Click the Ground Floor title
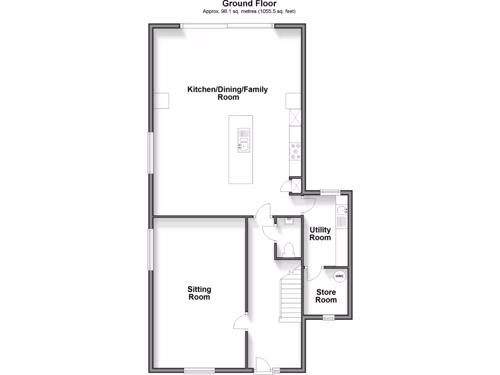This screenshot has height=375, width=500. (250, 4)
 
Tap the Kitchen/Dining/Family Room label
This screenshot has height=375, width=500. (228, 93)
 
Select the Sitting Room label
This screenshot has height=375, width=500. (199, 293)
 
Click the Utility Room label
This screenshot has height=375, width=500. (320, 233)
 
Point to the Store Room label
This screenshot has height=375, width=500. (326, 296)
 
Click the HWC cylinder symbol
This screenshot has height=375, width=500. (339, 276)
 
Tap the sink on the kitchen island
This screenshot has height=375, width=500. (244, 145)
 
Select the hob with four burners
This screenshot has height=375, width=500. (295, 151)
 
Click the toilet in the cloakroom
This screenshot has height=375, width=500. (288, 250)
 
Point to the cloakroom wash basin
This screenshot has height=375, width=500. (288, 222)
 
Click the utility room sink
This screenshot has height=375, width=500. (342, 211)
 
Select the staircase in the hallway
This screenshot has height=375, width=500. (289, 295)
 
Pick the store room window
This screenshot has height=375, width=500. (329, 317)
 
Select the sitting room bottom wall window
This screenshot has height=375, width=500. (199, 371)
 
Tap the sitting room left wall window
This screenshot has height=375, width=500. (151, 249)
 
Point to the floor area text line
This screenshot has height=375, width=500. (250, 11)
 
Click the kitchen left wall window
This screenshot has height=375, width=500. (151, 152)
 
